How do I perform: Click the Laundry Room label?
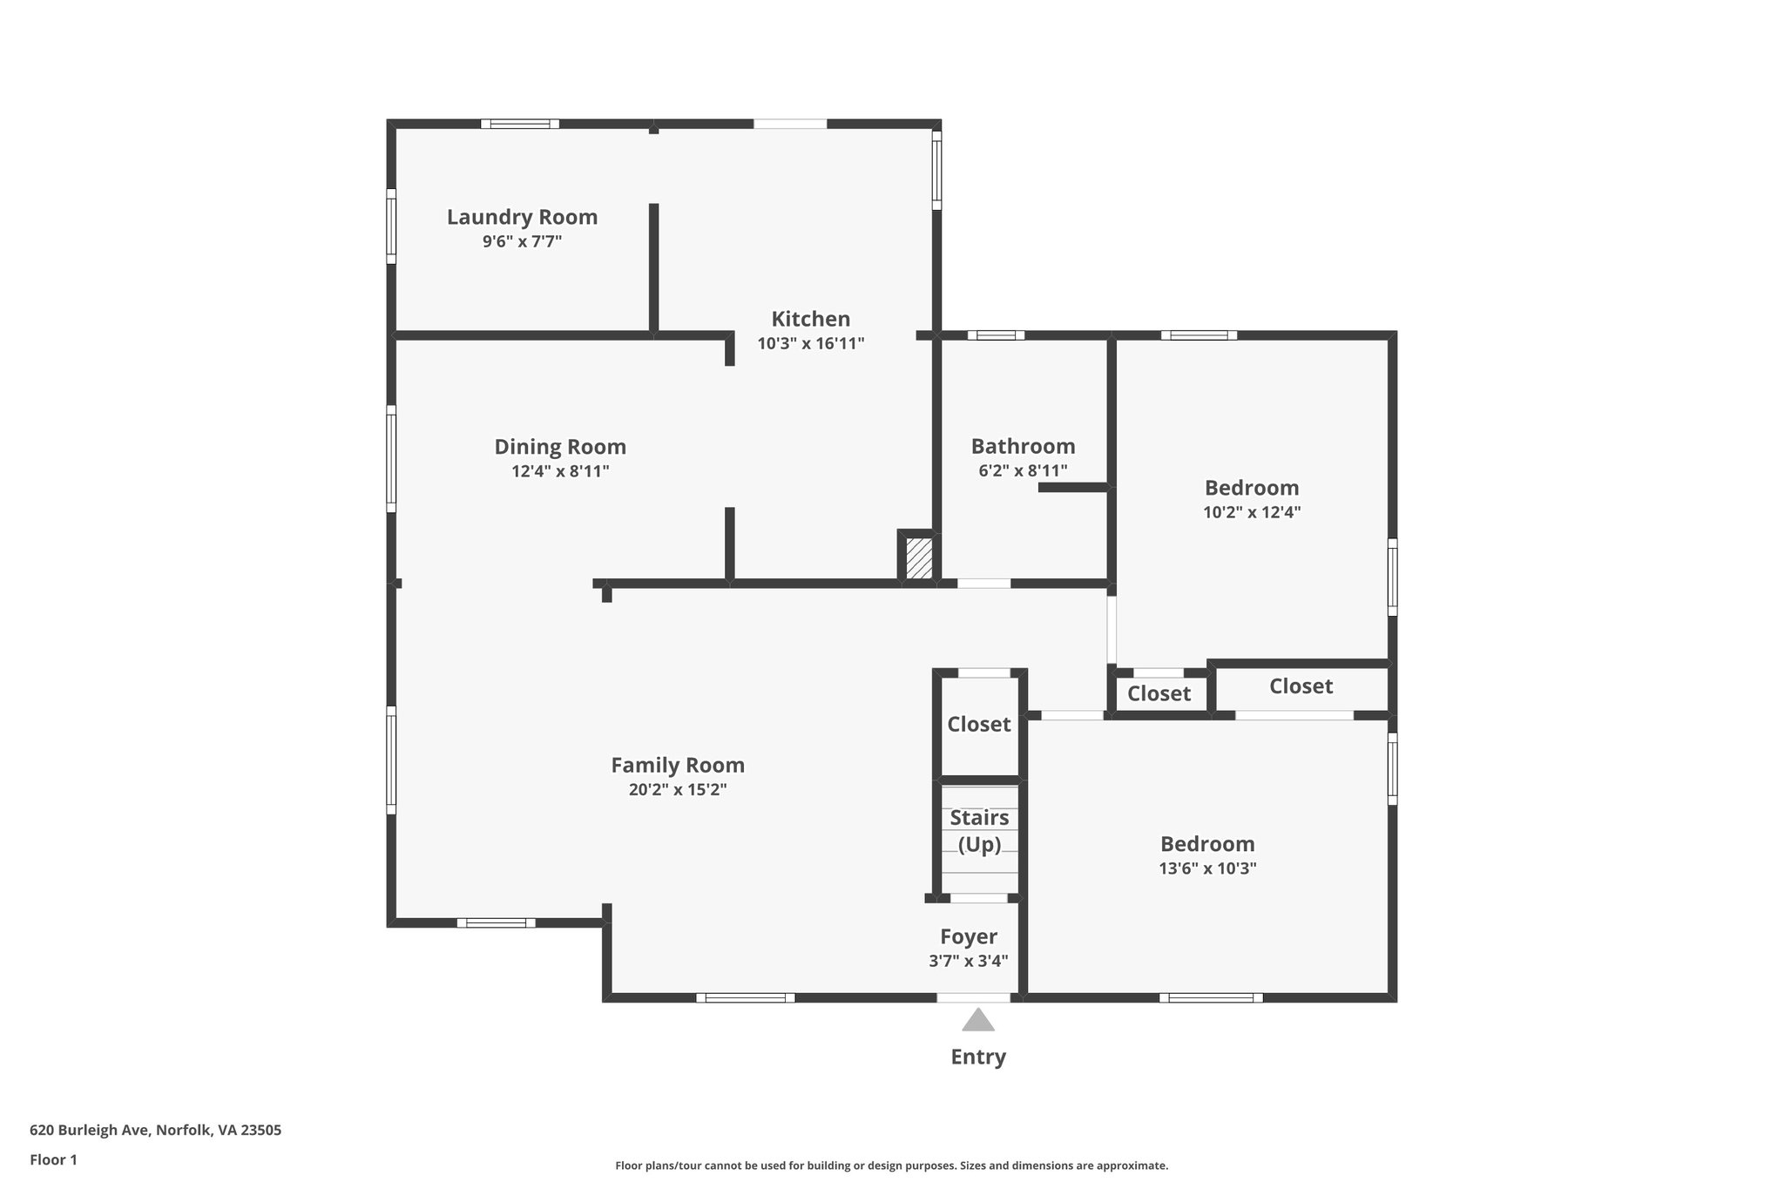pyautogui.click(x=522, y=217)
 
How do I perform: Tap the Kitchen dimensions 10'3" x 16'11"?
pyautogui.click(x=810, y=343)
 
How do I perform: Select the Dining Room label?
pyautogui.click(x=560, y=447)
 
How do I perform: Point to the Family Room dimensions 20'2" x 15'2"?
pyautogui.click(x=678, y=790)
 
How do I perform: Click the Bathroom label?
pyautogui.click(x=1023, y=446)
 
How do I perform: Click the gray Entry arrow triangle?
pyautogui.click(x=978, y=1020)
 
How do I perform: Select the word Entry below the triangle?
pyautogui.click(x=978, y=1057)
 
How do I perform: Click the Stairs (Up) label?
pyautogui.click(x=979, y=831)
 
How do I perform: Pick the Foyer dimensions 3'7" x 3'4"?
pyautogui.click(x=969, y=961)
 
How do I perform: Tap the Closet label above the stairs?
pyautogui.click(x=979, y=724)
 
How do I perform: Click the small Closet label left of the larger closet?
pyautogui.click(x=1159, y=693)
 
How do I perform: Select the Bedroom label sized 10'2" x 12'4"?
pyautogui.click(x=1252, y=488)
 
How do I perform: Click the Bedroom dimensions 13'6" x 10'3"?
pyautogui.click(x=1207, y=868)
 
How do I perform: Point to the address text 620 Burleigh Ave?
pyautogui.click(x=155, y=1131)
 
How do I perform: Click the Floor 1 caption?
pyautogui.click(x=53, y=1159)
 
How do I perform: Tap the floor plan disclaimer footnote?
pyautogui.click(x=891, y=1165)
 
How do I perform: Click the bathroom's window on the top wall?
pyautogui.click(x=996, y=334)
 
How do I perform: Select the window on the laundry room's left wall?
pyautogui.click(x=391, y=226)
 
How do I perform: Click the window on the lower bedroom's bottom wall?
pyautogui.click(x=1211, y=997)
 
